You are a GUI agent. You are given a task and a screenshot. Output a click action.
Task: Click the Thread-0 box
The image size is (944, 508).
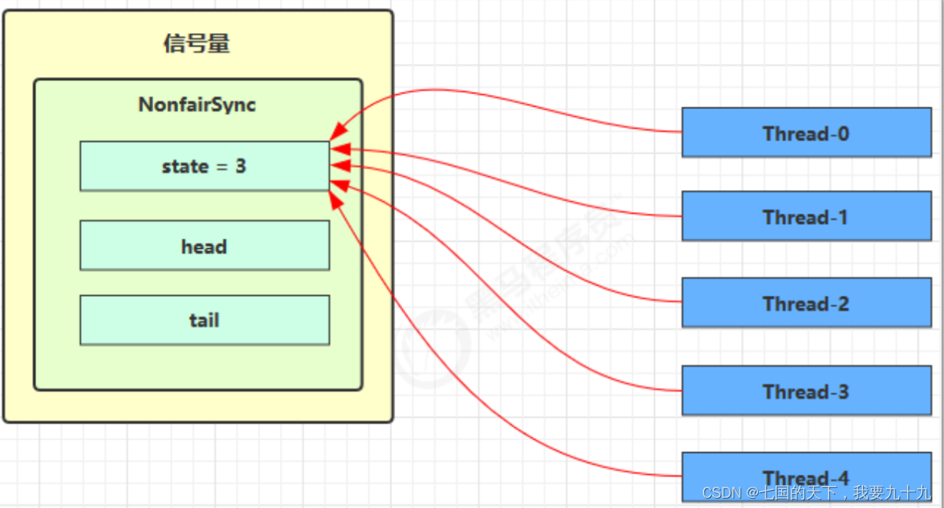[806, 133]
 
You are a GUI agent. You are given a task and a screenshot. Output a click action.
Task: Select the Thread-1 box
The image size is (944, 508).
[806, 216]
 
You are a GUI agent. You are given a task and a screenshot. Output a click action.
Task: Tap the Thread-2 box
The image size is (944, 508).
[806, 303]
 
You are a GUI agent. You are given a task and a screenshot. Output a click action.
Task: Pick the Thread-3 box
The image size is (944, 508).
[806, 390]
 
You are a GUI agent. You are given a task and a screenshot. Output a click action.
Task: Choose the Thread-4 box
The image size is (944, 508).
[806, 468]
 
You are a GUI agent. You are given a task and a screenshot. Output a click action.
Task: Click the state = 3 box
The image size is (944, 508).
[204, 166]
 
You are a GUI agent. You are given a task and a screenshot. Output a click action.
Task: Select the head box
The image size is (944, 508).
[204, 246]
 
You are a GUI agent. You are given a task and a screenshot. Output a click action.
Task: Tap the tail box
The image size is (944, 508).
[204, 320]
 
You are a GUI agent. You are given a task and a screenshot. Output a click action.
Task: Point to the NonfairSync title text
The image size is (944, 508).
[197, 104]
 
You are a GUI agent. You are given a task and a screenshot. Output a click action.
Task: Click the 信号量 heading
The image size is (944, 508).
[196, 44]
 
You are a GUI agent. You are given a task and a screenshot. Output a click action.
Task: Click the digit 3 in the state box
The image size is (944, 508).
[240, 166]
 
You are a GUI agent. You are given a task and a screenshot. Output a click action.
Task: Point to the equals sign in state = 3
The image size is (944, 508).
[221, 166]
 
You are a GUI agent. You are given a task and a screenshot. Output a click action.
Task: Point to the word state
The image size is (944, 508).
[185, 166]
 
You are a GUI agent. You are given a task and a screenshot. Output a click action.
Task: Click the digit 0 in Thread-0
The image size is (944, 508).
[843, 133]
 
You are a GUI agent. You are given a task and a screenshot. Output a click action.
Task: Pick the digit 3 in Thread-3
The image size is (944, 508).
[843, 391]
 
